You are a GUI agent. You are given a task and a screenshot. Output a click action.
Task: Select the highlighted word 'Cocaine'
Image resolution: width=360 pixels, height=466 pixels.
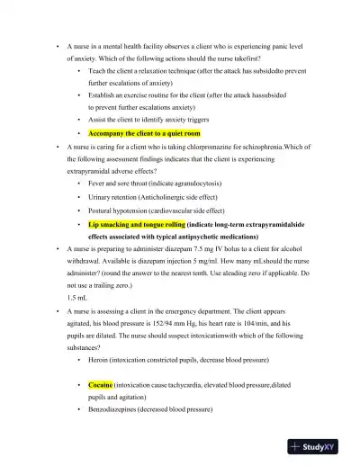tap(100, 384)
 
